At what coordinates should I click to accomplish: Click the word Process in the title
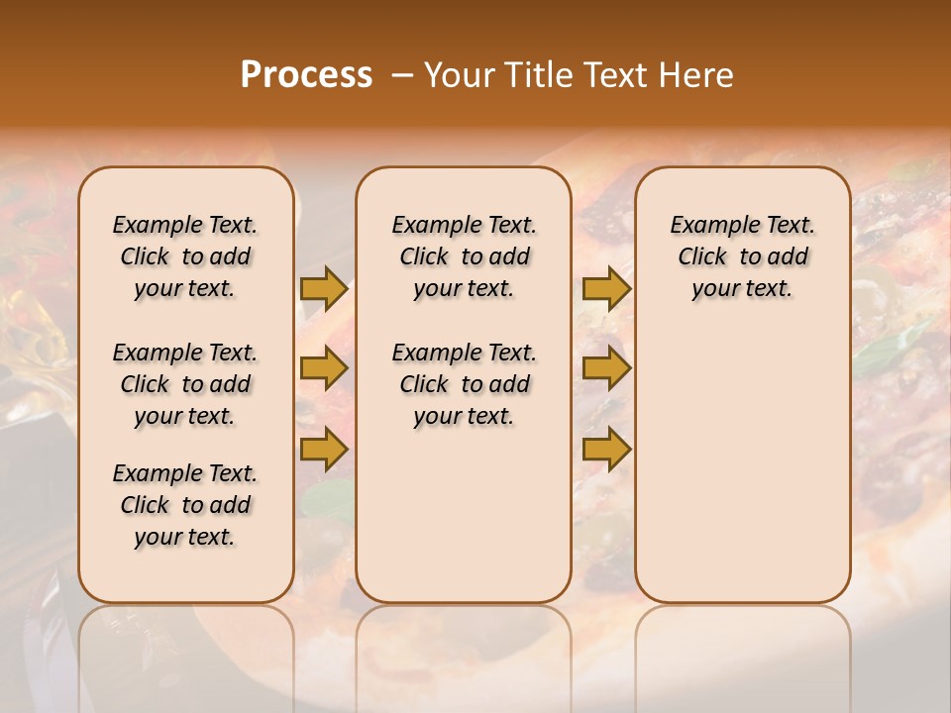tap(306, 74)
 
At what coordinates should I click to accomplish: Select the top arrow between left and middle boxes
tap(324, 289)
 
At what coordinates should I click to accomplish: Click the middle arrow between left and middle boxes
tap(324, 369)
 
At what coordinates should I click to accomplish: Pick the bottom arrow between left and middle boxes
tap(324, 449)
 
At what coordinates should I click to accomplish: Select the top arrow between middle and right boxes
tap(606, 289)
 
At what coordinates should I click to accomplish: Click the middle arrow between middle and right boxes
tap(606, 369)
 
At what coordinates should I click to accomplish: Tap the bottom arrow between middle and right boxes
tap(606, 449)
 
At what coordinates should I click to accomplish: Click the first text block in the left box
tap(185, 256)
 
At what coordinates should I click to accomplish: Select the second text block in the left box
tap(185, 384)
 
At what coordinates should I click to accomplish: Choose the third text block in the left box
tap(185, 505)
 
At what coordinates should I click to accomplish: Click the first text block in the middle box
tap(464, 256)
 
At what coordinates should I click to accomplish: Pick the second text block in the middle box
tap(464, 384)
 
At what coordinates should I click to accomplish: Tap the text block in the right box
tap(742, 256)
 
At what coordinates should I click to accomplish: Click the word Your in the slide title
tap(457, 74)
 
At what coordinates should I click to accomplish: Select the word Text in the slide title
tap(613, 74)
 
